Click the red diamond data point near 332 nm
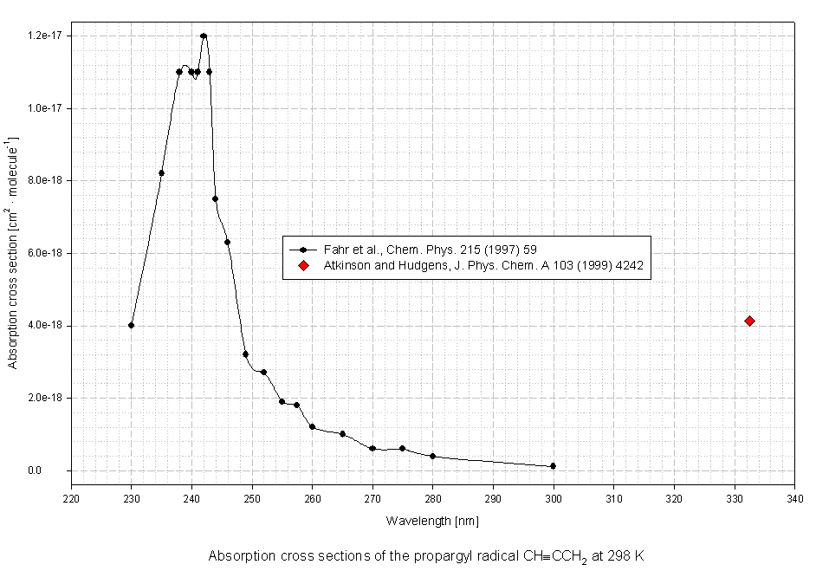click(749, 321)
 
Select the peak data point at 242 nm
click(204, 36)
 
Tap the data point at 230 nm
click(131, 325)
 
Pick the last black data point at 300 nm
click(553, 466)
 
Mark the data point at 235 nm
click(161, 173)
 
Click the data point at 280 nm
click(432, 457)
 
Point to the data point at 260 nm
click(312, 427)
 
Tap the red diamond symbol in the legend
click(303, 265)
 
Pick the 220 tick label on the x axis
click(71, 499)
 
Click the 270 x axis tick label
click(372, 499)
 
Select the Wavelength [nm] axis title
click(432, 521)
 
